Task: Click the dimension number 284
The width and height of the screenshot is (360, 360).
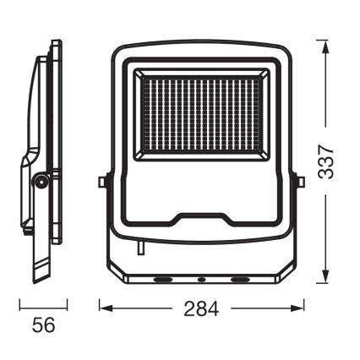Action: pyautogui.click(x=201, y=310)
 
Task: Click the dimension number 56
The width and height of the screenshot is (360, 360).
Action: pyautogui.click(x=39, y=323)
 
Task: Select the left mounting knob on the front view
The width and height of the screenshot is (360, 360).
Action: pyautogui.click(x=102, y=181)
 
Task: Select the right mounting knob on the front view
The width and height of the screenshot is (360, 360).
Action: pyautogui.click(x=299, y=181)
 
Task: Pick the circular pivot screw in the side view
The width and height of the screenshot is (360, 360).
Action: pyautogui.click(x=40, y=179)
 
